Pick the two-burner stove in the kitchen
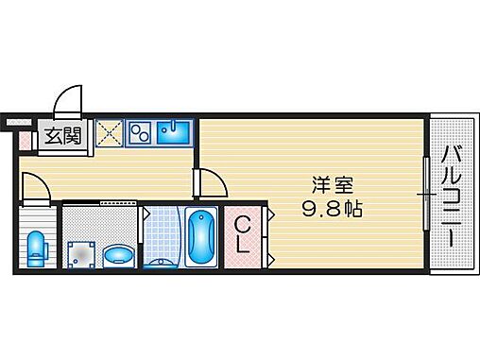pyautogui.click(x=141, y=133)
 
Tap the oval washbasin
pyautogui.click(x=118, y=254)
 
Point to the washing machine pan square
pyautogui.click(x=80, y=252)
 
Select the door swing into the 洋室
pyautogui.click(x=208, y=182)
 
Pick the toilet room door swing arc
pyautogui.click(x=33, y=189)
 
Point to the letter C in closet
pyautogui.click(x=242, y=225)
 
